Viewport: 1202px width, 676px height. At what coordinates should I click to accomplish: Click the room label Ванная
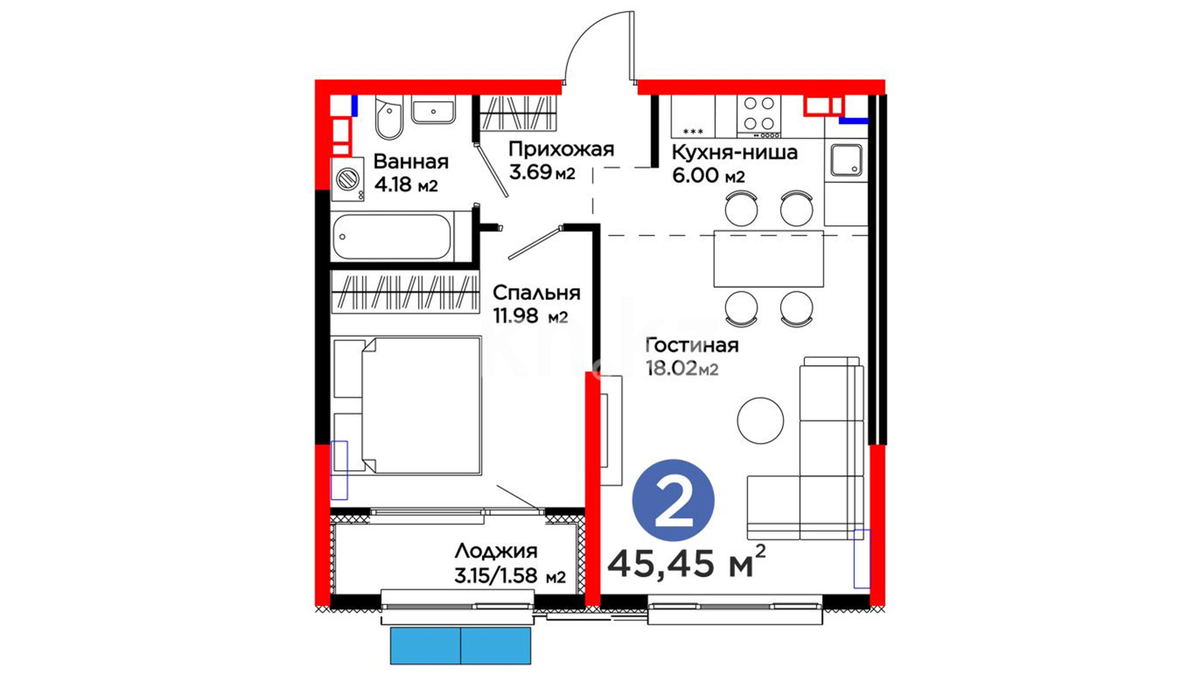tap(411, 161)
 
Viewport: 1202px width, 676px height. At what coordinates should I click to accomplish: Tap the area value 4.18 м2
tap(406, 185)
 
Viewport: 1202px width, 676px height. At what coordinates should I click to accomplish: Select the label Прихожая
tap(561, 149)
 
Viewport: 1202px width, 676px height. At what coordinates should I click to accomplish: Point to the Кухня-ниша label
tap(734, 152)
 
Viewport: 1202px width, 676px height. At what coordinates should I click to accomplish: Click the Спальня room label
tap(537, 292)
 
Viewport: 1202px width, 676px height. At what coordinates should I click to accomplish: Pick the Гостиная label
tap(692, 345)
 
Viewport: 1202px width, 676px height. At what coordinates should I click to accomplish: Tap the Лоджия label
tap(496, 551)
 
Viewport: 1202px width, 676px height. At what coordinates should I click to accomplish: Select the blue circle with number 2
tap(673, 500)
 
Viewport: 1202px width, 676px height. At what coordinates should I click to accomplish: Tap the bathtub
tap(393, 237)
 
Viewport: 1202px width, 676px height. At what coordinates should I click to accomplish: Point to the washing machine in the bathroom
tap(347, 179)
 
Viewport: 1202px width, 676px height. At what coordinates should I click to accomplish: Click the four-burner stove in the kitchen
tap(759, 116)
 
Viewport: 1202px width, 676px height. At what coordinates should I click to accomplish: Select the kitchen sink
tap(846, 160)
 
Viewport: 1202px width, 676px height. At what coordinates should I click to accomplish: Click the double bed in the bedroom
tap(408, 406)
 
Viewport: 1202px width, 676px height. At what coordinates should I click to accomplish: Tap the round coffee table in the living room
tap(761, 421)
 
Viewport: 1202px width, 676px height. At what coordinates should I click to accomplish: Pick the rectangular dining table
tap(769, 259)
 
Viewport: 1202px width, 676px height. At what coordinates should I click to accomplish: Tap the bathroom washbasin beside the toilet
tap(433, 111)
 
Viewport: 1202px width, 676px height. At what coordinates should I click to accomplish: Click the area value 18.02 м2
tap(682, 369)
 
